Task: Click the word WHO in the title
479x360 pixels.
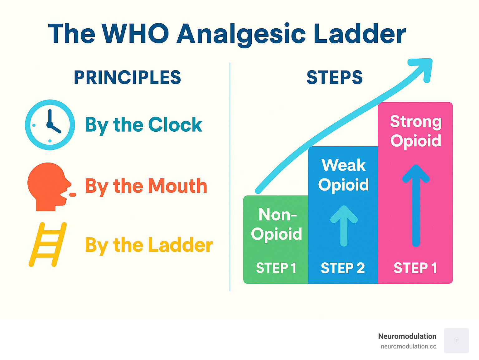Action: point(135,33)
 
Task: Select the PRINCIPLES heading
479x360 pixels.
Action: point(127,77)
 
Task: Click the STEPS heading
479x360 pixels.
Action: point(335,77)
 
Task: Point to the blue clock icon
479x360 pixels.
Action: point(50,125)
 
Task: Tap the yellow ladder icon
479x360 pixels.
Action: point(48,244)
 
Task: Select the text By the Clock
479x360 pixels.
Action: point(143,125)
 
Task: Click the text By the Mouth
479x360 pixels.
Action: point(146,186)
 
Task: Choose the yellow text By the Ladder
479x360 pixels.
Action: point(149,245)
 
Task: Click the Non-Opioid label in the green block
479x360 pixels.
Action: point(277,224)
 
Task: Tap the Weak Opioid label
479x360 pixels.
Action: point(343,175)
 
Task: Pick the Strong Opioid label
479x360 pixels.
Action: point(416,131)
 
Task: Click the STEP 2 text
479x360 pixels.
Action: point(343,268)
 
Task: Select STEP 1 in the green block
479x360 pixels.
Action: point(276,268)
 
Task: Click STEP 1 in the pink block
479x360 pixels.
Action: point(415,268)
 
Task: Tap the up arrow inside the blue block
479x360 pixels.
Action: point(344,225)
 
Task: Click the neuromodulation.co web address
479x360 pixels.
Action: point(408,346)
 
